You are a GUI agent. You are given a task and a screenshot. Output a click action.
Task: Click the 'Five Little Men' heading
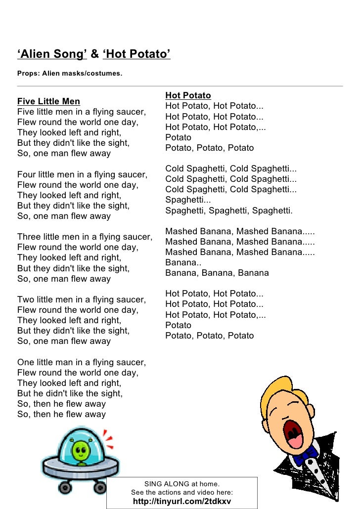coord(48,101)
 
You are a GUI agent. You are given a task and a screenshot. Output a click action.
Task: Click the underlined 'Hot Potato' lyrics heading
coord(188,95)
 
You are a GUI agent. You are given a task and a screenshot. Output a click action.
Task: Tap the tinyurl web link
coord(182,501)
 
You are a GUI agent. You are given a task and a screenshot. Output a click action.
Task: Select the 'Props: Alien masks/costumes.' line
coord(69,74)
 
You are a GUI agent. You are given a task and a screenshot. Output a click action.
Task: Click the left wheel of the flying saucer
coord(65,488)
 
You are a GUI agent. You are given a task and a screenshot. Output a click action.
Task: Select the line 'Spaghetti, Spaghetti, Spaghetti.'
coord(229,211)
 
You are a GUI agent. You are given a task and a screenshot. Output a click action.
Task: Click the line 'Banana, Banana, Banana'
coord(217,273)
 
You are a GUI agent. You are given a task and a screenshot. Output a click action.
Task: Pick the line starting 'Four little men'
coord(82,174)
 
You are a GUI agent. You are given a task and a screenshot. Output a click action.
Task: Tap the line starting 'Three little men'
coord(85,237)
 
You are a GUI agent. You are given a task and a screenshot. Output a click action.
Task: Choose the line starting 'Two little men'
coord(82,299)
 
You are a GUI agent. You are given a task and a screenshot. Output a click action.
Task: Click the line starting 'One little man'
coord(82,362)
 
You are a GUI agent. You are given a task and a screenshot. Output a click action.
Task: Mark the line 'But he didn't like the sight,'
coord(70,393)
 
